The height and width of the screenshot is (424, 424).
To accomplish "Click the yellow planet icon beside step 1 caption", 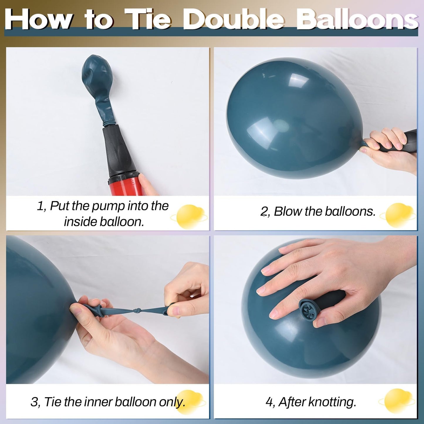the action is pyautogui.click(x=188, y=217).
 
